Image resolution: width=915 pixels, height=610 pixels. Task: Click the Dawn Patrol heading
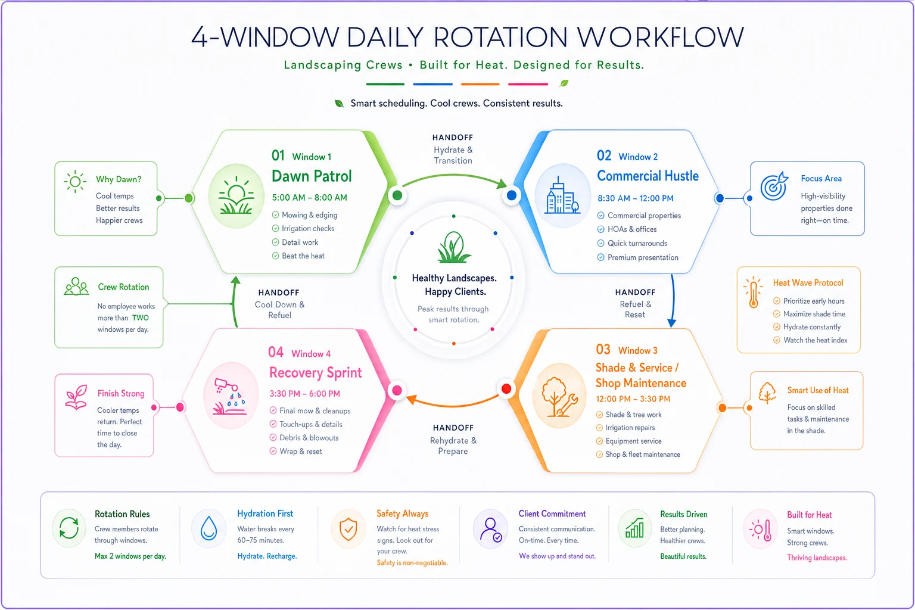[312, 176]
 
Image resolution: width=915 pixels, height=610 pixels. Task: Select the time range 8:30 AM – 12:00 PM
[635, 198]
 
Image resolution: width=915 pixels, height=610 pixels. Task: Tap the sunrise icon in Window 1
[236, 196]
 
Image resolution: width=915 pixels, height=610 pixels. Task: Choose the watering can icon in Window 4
[230, 396]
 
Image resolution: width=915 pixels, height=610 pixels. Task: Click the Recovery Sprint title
[315, 373]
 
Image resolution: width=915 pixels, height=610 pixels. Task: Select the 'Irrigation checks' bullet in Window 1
[308, 228]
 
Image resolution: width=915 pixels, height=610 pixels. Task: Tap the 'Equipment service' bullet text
[633, 441]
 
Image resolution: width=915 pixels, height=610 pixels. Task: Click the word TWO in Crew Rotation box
[140, 318]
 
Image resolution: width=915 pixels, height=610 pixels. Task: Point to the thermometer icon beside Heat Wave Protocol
[753, 292]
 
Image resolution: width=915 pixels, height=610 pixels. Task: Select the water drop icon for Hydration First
[208, 528]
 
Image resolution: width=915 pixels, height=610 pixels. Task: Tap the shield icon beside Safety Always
[348, 529]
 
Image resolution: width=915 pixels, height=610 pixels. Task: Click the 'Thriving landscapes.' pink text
[817, 558]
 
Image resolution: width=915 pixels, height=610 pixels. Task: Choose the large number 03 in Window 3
[603, 349]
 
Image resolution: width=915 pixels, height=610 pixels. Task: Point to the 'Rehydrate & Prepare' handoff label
[453, 446]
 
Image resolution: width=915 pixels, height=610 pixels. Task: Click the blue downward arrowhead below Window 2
[671, 323]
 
